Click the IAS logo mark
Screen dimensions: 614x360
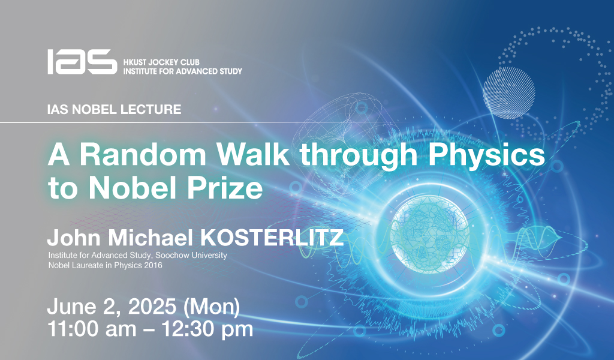[x=82, y=62]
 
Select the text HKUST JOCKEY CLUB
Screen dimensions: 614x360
[x=161, y=62]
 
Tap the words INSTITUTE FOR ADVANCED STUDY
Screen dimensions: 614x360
[x=183, y=71]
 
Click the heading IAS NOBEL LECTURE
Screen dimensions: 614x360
[x=114, y=109]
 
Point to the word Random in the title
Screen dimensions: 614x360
[x=143, y=154]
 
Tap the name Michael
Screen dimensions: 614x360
[x=151, y=238]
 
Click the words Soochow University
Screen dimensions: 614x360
[x=191, y=256]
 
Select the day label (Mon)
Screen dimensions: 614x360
[x=212, y=308]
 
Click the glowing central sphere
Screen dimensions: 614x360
[x=429, y=235]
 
